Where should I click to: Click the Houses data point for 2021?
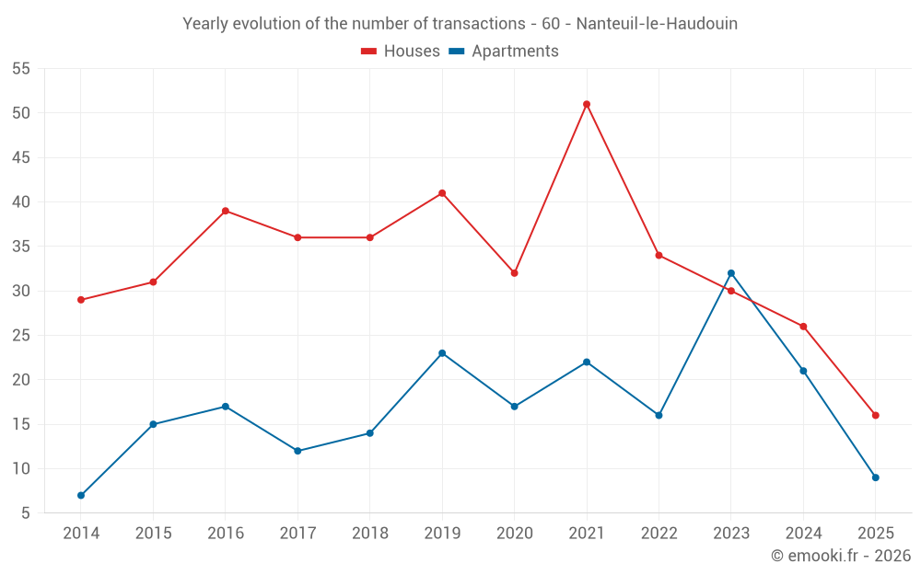(587, 104)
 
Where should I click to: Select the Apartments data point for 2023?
(731, 273)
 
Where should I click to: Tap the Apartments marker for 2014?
(81, 495)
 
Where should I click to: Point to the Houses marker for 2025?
(876, 415)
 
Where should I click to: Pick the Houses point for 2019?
(442, 193)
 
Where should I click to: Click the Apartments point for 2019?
(442, 353)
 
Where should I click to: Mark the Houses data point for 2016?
(226, 211)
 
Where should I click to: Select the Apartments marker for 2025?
(876, 477)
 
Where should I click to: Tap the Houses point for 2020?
(514, 273)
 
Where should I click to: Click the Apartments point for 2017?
(297, 451)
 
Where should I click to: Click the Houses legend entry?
(401, 52)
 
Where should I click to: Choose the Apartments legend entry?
(504, 52)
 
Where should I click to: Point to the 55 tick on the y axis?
(21, 69)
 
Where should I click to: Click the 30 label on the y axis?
(21, 291)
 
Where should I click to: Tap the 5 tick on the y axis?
(26, 513)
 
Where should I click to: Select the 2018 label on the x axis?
(369, 533)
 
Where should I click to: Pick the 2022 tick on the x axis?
(659, 533)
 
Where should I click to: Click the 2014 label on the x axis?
(81, 533)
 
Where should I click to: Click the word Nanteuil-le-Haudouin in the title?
(657, 24)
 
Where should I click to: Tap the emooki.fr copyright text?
(841, 556)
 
